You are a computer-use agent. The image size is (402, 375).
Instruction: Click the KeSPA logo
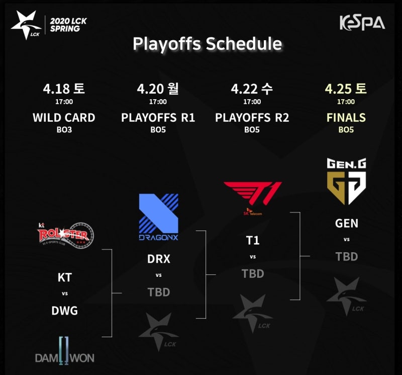click(362, 23)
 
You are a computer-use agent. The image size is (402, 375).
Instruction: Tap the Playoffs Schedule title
click(207, 44)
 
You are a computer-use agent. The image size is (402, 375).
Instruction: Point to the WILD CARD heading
click(64, 118)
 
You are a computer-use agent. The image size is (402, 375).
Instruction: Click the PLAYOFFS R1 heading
click(158, 118)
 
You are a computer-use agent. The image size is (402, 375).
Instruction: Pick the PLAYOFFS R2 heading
click(252, 118)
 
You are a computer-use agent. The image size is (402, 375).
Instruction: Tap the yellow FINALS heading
click(346, 118)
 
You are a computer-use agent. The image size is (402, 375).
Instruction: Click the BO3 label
click(64, 130)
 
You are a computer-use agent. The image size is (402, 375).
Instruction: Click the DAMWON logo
click(65, 351)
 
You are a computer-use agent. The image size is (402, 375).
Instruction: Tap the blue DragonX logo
click(158, 217)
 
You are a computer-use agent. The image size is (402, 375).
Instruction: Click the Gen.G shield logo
click(346, 181)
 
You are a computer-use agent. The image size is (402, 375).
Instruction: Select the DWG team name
click(65, 311)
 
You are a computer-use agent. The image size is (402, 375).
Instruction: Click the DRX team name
click(159, 259)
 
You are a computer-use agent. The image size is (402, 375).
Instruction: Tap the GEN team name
click(347, 223)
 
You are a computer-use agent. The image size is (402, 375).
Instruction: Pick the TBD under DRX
click(159, 292)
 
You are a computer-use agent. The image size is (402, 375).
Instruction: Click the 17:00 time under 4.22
click(252, 102)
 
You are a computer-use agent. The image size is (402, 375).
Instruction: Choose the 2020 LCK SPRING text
click(68, 25)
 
